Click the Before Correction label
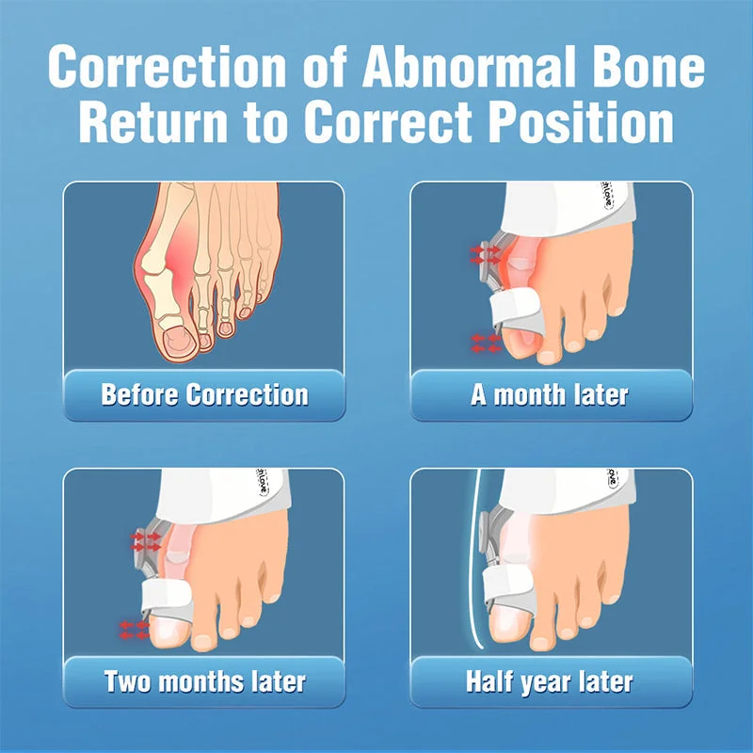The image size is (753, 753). (204, 394)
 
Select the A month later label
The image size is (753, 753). (550, 394)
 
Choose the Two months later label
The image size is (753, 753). (204, 681)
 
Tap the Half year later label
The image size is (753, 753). (550, 681)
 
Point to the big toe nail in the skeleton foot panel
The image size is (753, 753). (176, 336)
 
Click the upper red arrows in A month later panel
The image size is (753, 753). (488, 253)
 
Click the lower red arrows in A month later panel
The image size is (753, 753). (486, 343)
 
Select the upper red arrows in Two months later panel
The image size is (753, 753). (146, 540)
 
